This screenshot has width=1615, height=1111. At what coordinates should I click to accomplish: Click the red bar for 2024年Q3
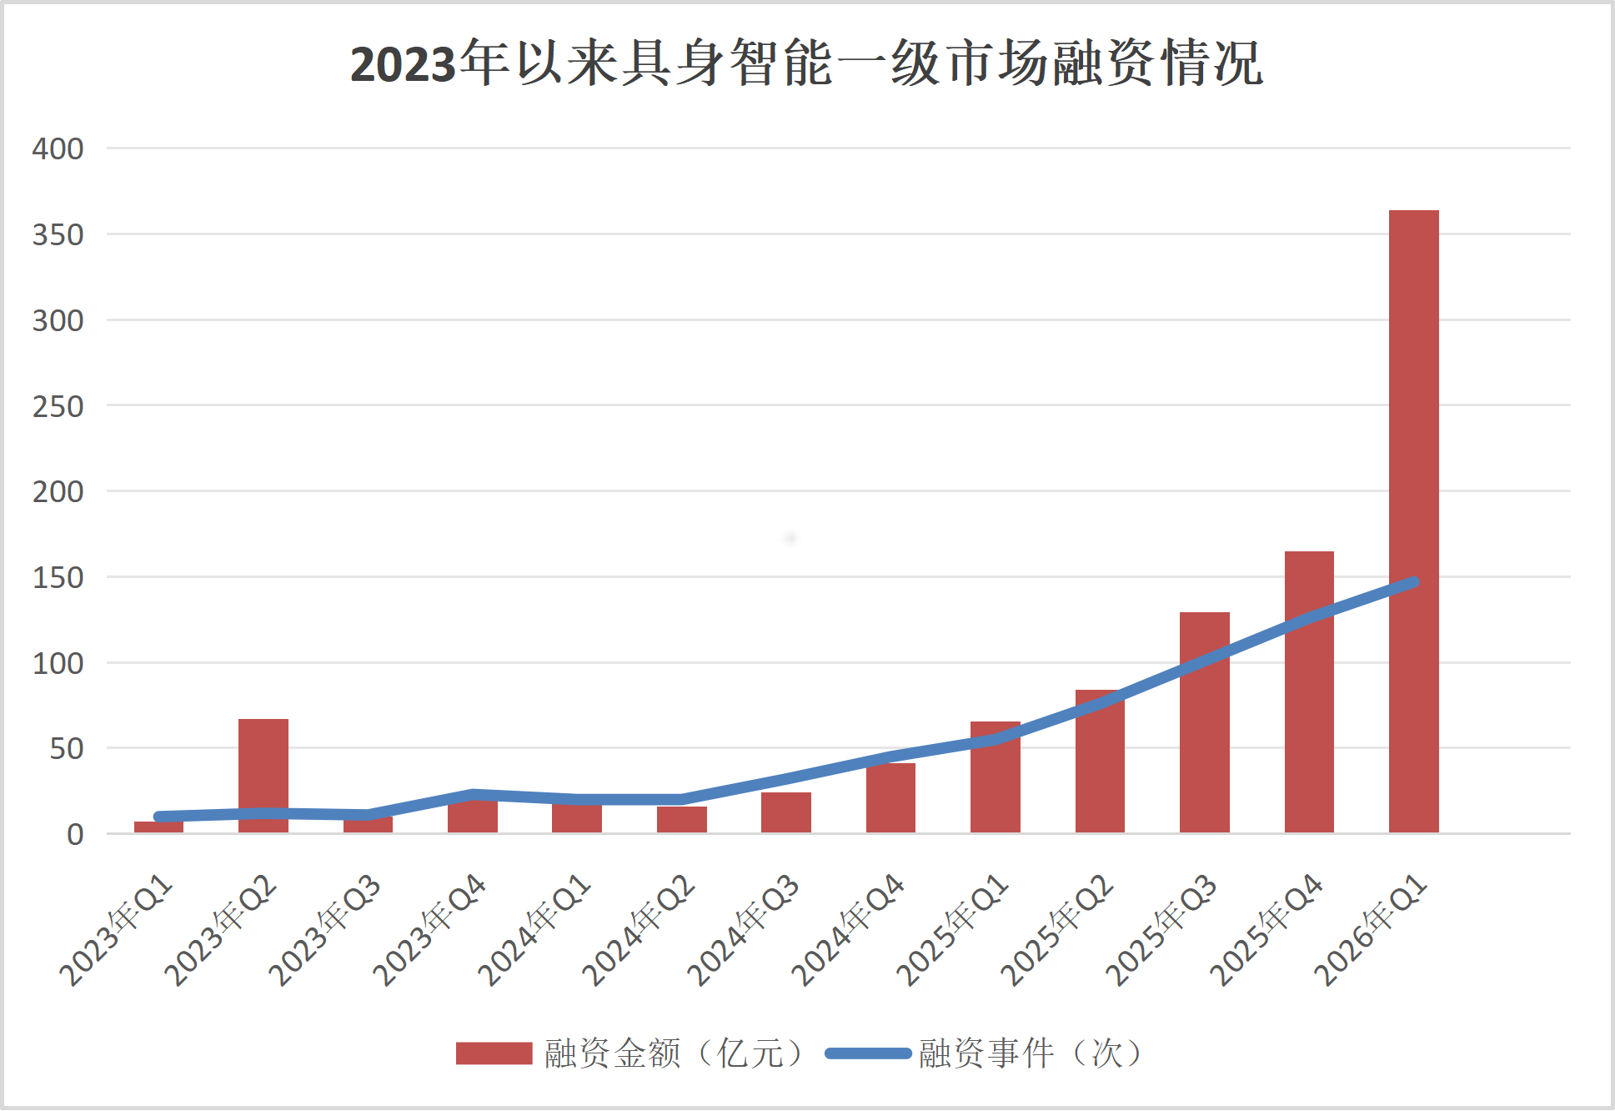tap(785, 812)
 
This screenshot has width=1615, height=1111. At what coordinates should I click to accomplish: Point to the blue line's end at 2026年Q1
tap(1414, 582)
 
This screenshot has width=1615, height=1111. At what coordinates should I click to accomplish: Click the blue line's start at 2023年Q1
tap(158, 817)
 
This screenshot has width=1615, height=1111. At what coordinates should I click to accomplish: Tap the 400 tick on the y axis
tap(58, 149)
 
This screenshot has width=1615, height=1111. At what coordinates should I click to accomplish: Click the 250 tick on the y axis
tap(58, 407)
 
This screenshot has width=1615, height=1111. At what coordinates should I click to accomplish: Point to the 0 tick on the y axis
tap(75, 834)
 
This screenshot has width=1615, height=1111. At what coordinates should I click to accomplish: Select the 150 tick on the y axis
tap(58, 578)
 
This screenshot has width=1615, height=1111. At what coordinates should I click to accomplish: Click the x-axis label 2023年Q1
tap(117, 930)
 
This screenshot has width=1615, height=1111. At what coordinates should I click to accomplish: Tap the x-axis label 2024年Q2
tap(639, 930)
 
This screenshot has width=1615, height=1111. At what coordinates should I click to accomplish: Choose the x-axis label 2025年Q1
tap(953, 930)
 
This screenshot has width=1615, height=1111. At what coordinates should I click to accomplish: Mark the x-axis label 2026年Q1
tap(1372, 930)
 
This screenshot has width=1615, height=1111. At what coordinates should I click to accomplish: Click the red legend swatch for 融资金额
tap(494, 1053)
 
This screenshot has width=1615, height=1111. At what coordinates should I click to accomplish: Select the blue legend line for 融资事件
tap(868, 1053)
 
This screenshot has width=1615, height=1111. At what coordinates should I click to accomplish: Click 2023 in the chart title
tap(404, 64)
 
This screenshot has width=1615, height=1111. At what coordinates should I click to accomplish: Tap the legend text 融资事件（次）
tap(1032, 1053)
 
